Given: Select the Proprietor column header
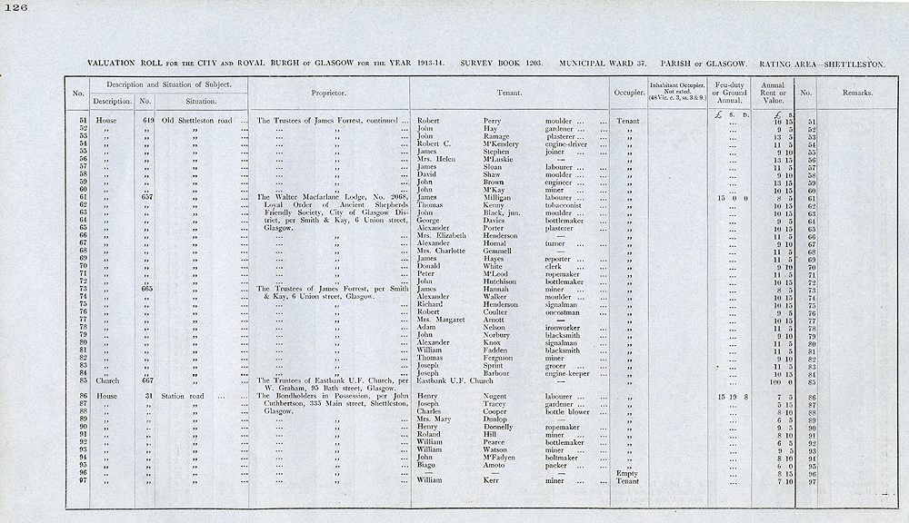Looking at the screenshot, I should click(328, 93).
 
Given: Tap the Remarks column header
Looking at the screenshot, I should click(856, 93).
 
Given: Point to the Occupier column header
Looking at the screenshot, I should click(627, 93).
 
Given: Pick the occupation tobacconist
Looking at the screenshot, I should click(564, 205).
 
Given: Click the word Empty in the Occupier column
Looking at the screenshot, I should click(627, 472).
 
